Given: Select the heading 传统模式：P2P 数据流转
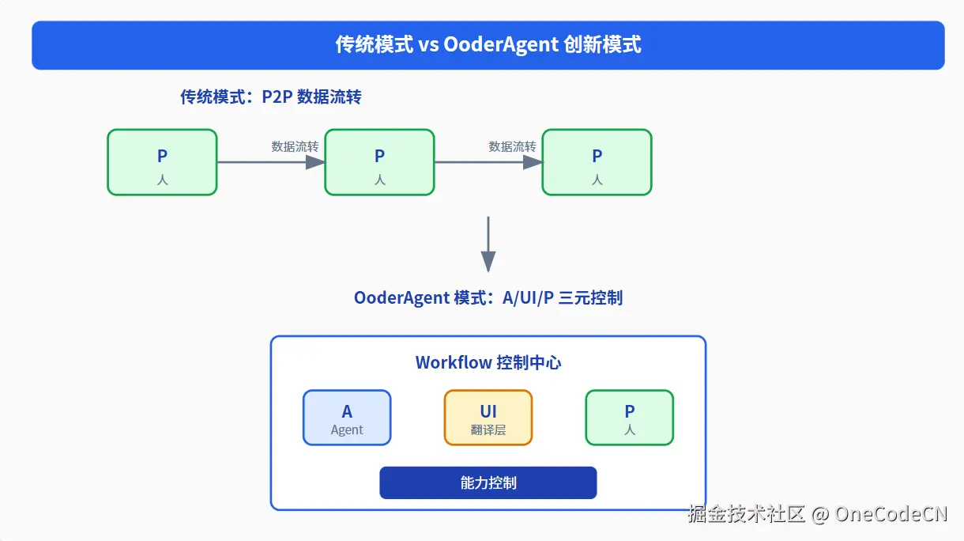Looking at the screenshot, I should click(271, 97).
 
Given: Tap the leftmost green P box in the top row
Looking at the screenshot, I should click(162, 162).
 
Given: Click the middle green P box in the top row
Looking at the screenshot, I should click(379, 162).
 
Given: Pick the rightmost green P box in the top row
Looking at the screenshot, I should click(597, 162).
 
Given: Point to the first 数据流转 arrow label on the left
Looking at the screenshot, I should click(295, 146).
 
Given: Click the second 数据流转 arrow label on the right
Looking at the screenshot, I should click(512, 146).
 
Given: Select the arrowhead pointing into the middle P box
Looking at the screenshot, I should click(315, 162).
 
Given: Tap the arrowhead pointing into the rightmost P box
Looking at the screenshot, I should click(533, 162).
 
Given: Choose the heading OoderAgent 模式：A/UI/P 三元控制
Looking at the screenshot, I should click(488, 298).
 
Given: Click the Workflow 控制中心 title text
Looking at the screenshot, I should click(488, 363).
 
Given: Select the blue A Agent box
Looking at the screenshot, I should click(347, 418).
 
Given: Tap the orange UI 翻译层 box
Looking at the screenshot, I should click(488, 418).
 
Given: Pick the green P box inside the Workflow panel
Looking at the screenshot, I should click(629, 418).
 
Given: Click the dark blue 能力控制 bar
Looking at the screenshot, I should click(488, 482).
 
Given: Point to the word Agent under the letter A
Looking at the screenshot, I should click(347, 430).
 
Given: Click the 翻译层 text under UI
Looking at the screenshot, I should click(488, 430).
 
